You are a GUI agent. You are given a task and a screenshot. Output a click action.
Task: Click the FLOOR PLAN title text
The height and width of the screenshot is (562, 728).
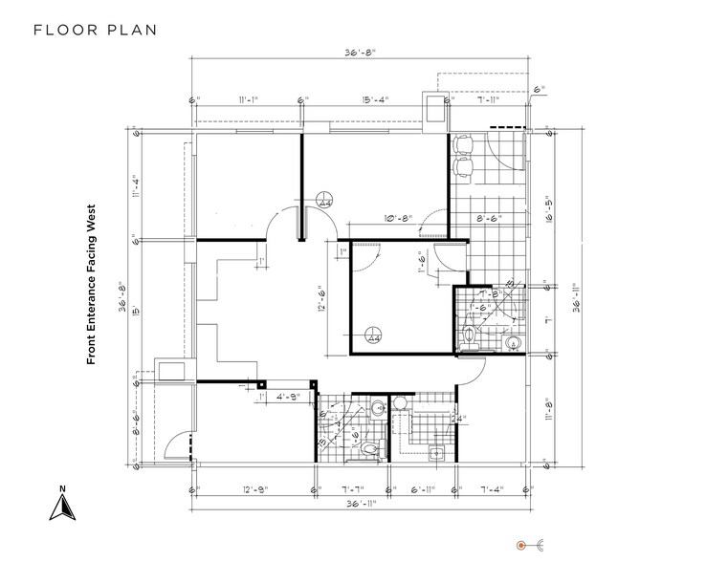95,29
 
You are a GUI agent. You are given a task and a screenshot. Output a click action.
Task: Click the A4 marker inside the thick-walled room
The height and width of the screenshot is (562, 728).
373,335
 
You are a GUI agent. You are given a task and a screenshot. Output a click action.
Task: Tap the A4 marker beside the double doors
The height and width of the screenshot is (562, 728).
323,200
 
